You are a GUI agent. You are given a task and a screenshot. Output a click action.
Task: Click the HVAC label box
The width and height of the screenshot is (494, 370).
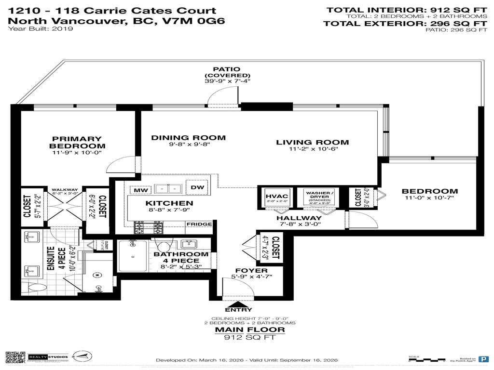click(x=277, y=197)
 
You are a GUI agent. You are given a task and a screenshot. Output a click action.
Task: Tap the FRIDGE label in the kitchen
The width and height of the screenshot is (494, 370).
click(x=199, y=224)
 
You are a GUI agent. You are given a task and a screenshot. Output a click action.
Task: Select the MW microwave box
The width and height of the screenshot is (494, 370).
click(x=140, y=190)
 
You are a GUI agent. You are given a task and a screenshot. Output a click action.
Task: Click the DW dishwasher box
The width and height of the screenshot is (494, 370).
click(x=197, y=187)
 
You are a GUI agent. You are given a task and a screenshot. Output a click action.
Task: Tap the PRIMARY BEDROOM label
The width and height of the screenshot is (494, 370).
click(x=77, y=142)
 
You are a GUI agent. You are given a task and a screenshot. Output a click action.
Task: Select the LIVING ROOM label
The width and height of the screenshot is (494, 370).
click(x=312, y=142)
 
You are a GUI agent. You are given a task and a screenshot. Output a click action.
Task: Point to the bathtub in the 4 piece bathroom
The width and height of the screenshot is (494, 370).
click(x=133, y=256)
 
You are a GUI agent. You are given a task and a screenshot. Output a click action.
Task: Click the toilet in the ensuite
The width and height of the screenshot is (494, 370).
click(x=35, y=287)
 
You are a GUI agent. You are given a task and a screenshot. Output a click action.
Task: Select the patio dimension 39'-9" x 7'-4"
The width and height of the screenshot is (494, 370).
click(x=227, y=81)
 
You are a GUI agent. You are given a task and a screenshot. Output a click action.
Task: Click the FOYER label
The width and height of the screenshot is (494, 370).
click(x=251, y=271)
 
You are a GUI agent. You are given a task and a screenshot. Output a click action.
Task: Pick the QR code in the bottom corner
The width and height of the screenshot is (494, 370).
click(x=15, y=358)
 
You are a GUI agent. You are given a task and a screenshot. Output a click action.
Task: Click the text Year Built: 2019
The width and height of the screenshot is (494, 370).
click(x=41, y=29)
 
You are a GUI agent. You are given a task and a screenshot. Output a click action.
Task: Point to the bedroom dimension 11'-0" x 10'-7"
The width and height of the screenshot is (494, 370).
click(x=429, y=198)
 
